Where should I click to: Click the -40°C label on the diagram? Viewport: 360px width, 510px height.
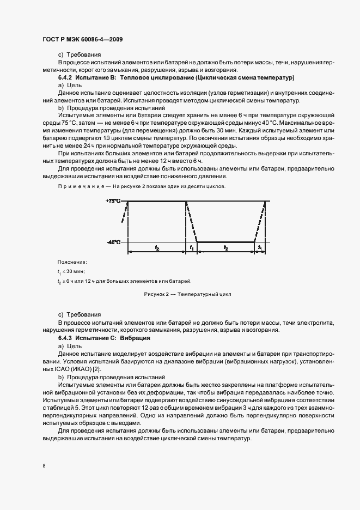[x=113, y=242]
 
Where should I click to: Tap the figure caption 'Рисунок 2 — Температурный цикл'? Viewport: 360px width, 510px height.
[x=187, y=294]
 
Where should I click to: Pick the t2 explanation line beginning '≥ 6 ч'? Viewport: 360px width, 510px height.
[x=125, y=281]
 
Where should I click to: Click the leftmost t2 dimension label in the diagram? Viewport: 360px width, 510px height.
[x=157, y=248]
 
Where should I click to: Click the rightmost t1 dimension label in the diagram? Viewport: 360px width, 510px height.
[x=260, y=248]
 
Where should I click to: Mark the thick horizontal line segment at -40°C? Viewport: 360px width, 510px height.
[x=225, y=242]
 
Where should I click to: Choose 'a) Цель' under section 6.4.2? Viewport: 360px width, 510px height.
[x=70, y=86]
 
